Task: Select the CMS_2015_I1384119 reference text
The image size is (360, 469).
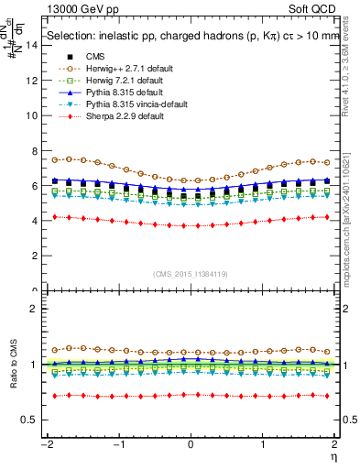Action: pyautogui.click(x=191, y=275)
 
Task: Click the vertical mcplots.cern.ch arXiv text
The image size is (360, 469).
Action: pyautogui.click(x=353, y=220)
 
